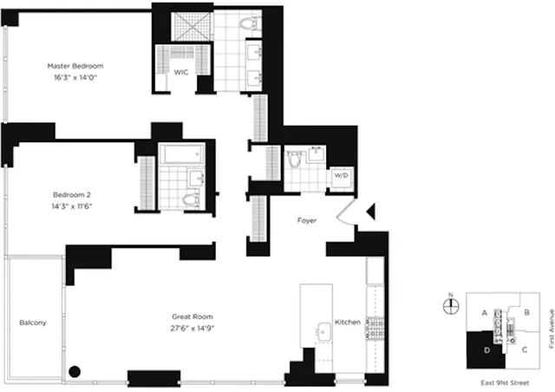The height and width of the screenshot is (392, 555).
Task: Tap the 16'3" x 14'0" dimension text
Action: pyautogui.click(x=75, y=77)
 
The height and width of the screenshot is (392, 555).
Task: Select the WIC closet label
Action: pyautogui.click(x=181, y=73)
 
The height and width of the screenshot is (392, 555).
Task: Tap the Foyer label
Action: pyautogui.click(x=306, y=220)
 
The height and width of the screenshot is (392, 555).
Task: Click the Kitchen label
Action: pyautogui.click(x=348, y=323)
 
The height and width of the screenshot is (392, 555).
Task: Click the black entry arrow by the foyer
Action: pyautogui.click(x=370, y=211)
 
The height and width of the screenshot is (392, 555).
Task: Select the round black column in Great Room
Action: pyautogui.click(x=75, y=372)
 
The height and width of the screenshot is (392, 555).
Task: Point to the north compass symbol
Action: pyautogui.click(x=450, y=305)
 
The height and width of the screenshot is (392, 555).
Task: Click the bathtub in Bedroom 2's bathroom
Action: pyautogui.click(x=182, y=156)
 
